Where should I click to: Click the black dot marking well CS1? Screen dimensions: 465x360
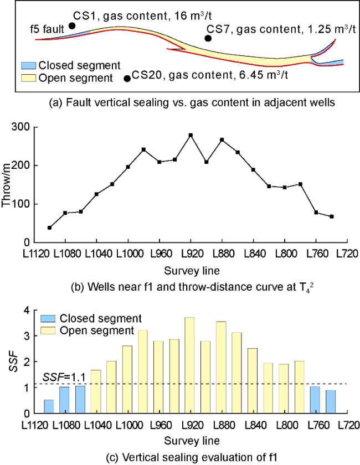(72, 26)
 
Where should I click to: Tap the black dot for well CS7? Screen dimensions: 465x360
(208, 38)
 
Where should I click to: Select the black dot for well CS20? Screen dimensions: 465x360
(127, 79)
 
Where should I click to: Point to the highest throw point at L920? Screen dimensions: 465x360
(191, 135)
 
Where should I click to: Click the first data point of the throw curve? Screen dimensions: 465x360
(50, 228)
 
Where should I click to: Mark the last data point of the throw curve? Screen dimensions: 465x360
(331, 216)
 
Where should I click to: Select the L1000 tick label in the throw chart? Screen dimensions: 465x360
(128, 252)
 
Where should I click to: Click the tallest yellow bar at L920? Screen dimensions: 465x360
(190, 365)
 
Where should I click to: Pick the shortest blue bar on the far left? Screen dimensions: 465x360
(49, 406)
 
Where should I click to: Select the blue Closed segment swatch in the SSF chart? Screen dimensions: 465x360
(47, 319)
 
